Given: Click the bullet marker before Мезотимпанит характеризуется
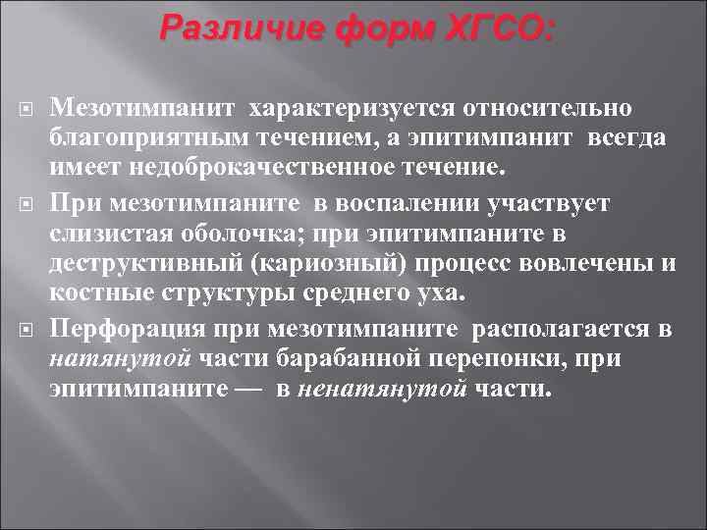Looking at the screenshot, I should click(x=28, y=107).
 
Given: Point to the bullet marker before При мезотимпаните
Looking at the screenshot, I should click(x=28, y=203).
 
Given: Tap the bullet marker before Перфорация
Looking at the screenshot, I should click(x=28, y=329).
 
